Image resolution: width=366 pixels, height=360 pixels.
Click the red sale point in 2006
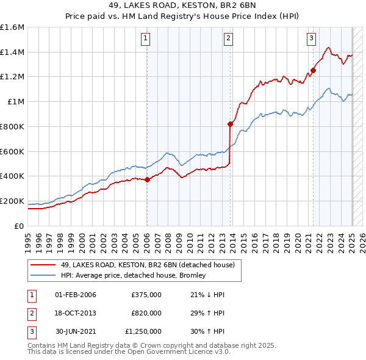pyautogui.click(x=147, y=179)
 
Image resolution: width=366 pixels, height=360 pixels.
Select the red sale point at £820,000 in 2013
pyautogui.click(x=230, y=124)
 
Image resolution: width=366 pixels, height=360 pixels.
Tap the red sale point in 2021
pyautogui.click(x=313, y=70)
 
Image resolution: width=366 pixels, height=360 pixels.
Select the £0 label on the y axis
pyautogui.click(x=19, y=226)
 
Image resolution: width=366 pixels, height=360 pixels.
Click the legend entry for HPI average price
pyautogui.click(x=134, y=275)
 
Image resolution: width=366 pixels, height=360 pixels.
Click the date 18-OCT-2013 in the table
pyautogui.click(x=76, y=313)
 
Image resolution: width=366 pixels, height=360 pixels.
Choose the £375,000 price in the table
pyautogui.click(x=146, y=295)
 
